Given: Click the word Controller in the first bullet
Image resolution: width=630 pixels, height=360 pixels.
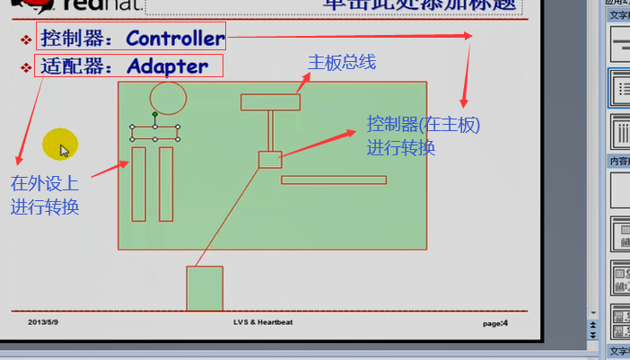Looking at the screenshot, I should point(176,39).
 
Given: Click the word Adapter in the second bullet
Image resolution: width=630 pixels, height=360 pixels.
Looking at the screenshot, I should point(168,66).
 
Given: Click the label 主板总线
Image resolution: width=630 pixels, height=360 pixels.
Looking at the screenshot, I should point(341,63).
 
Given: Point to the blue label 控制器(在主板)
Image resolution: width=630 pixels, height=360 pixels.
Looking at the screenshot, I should point(424,125).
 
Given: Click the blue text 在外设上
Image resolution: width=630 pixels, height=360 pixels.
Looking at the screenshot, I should point(44,184).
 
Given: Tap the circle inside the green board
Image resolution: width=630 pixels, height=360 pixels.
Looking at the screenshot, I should point(168,97).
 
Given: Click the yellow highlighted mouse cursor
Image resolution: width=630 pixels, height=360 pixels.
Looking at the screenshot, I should point(62,145).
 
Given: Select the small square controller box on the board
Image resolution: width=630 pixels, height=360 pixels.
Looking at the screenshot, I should point(270,160).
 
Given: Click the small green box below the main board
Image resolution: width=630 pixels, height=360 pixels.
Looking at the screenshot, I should point(205,288).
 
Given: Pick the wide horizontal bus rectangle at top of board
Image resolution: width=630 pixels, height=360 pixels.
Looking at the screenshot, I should point(270,102).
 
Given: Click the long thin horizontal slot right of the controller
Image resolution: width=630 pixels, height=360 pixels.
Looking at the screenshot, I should point(334,180).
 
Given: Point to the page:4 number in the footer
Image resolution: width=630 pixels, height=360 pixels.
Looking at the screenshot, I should point(495,323).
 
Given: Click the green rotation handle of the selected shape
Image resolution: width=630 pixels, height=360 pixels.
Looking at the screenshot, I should point(155,115).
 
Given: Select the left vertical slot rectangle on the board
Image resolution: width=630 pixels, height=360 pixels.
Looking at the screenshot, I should point(138,184).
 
